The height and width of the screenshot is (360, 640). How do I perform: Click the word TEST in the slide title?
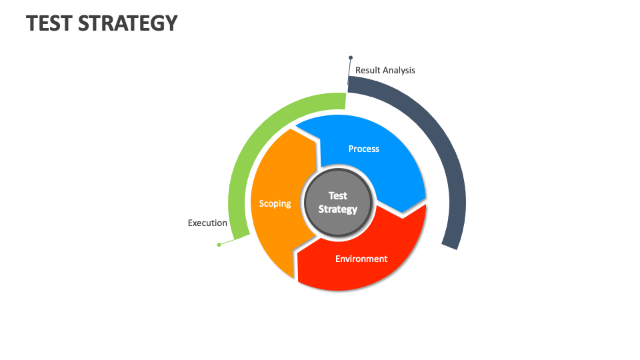(49, 23)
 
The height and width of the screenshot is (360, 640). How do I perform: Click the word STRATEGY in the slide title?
(128, 23)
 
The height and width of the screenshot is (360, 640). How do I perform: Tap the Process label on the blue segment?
(363, 149)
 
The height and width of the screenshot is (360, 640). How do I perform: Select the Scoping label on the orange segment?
(275, 203)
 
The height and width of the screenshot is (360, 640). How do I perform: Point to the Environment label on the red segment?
(361, 259)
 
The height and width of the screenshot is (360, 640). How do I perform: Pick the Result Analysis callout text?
(385, 70)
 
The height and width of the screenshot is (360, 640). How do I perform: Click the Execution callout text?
(207, 223)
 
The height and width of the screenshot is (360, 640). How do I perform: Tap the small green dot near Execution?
(219, 245)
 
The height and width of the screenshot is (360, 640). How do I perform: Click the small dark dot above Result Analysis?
(351, 58)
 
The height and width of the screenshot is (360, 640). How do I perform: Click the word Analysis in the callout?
(398, 70)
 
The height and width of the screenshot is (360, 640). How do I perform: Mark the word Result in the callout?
(367, 70)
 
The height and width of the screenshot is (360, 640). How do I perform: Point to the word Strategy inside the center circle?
(338, 209)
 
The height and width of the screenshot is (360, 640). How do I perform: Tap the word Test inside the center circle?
(338, 196)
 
